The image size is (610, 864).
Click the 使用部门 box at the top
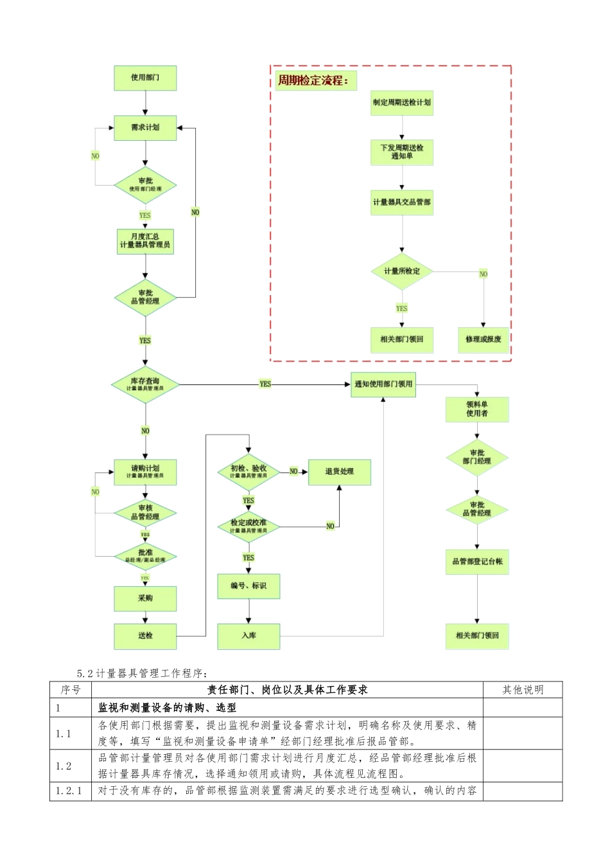[145, 78]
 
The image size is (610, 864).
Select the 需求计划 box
[145, 127]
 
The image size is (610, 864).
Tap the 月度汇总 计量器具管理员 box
[145, 241]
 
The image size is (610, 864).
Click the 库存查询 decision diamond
[145, 384]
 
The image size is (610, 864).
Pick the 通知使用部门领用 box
[383, 384]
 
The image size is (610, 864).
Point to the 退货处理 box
[339, 472]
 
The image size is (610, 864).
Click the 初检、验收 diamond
[248, 472]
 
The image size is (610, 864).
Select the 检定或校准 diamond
[248, 526]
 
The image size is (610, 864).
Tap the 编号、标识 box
[248, 586]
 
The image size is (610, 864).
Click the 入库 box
[248, 636]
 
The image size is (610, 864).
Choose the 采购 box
[145, 598]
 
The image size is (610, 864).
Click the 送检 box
[145, 636]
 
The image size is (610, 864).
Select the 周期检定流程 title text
[313, 81]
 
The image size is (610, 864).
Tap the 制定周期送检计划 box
[402, 103]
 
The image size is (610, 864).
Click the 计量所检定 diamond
[402, 271]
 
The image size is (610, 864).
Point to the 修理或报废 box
[484, 339]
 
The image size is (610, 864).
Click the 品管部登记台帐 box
[477, 562]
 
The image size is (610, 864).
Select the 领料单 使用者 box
[477, 410]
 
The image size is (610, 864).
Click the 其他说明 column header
[522, 690]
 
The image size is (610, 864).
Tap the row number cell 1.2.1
[70, 791]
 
